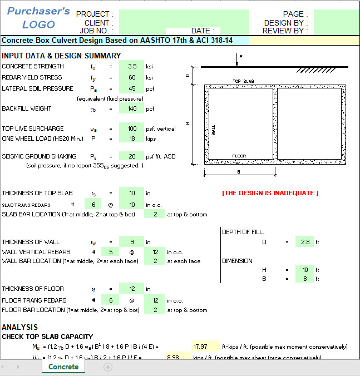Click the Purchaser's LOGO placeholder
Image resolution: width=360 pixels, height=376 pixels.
(x=38, y=18)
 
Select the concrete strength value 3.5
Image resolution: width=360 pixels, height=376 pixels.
(x=132, y=66)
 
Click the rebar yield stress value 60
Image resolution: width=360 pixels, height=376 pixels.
(x=132, y=77)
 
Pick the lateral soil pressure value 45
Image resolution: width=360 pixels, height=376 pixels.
(x=132, y=88)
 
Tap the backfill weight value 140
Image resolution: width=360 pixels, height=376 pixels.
(x=132, y=108)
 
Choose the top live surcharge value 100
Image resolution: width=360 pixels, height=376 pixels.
(x=132, y=128)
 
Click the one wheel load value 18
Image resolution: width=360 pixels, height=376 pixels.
(x=132, y=138)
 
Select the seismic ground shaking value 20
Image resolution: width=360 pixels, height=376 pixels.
(x=132, y=156)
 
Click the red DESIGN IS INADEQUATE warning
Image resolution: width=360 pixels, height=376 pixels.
(x=270, y=193)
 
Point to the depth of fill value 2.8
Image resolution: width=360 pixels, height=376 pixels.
(x=304, y=242)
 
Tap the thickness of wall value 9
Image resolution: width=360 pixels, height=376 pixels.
(x=132, y=242)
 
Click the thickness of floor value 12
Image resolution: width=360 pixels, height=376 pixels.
(x=132, y=289)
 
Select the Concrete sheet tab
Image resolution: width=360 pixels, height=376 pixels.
(x=63, y=367)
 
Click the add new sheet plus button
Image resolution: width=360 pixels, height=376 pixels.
(x=108, y=367)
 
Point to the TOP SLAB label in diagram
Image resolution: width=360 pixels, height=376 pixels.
(x=243, y=82)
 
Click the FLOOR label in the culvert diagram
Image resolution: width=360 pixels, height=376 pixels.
(x=239, y=156)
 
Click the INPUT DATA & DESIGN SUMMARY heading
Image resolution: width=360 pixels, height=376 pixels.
(x=61, y=55)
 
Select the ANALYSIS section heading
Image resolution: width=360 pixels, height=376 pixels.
(x=20, y=327)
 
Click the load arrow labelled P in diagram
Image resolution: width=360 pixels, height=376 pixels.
(x=238, y=60)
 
